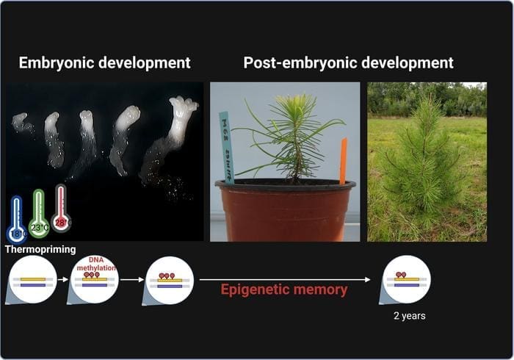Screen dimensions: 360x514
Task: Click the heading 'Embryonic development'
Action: [104, 62]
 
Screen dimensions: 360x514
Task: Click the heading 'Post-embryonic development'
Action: [348, 62]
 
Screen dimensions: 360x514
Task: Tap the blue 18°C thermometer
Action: [16, 220]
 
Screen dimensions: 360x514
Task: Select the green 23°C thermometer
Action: [38, 214]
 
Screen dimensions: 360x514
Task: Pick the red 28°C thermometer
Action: [60, 209]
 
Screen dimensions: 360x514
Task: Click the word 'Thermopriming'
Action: [40, 250]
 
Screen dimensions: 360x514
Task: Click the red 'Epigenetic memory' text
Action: [283, 289]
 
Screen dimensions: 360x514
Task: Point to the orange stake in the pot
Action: [342, 160]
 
